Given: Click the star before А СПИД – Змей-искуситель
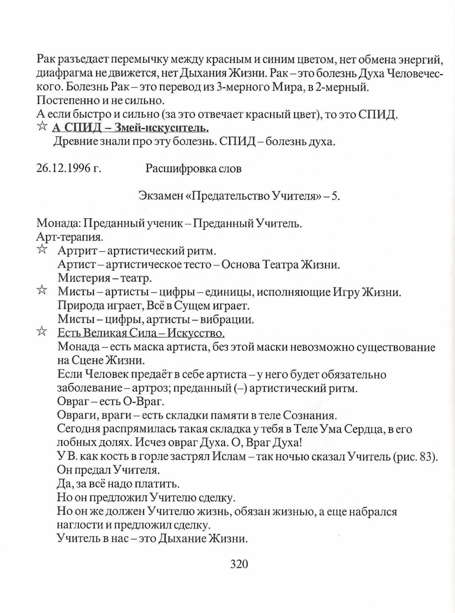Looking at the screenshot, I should [42, 127].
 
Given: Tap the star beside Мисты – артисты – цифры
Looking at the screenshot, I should [42, 291].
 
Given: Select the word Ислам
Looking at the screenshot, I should [229, 457].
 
